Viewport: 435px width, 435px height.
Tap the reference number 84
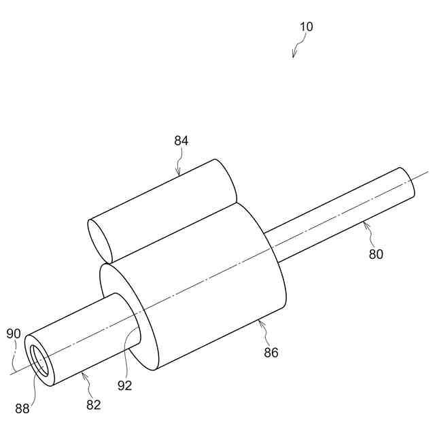point(181,141)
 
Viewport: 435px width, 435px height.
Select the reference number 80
point(376,254)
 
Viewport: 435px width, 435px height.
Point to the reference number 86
point(271,352)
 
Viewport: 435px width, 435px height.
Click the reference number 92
point(124,385)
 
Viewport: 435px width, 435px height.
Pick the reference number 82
point(93,405)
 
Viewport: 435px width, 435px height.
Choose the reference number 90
point(14,334)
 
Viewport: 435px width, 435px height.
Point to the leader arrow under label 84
point(179,164)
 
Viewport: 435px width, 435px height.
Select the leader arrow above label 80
point(369,231)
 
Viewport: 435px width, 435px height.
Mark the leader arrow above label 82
point(84,380)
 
